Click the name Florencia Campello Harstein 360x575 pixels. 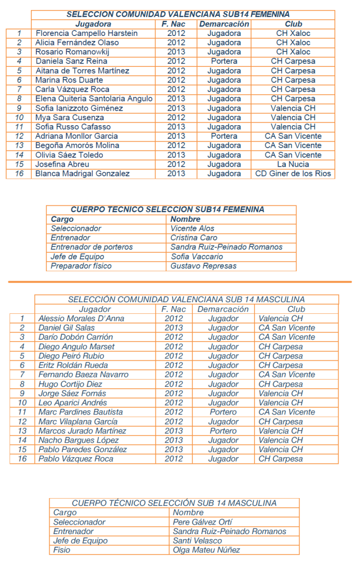click(x=86, y=33)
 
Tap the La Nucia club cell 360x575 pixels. click(x=293, y=165)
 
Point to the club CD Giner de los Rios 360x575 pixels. click(x=293, y=174)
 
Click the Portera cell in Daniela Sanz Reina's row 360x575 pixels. click(x=224, y=61)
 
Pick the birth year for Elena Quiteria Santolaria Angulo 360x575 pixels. click(x=176, y=99)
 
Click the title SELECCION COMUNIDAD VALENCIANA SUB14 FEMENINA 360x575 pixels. click(x=178, y=14)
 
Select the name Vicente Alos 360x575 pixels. click(x=192, y=229)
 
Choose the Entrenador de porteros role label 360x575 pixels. click(x=92, y=247)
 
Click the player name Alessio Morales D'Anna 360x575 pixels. click(x=81, y=318)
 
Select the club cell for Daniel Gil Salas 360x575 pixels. click(x=286, y=327)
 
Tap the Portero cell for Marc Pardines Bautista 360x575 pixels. click(x=223, y=412)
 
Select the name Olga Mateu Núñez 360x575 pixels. click(x=206, y=550)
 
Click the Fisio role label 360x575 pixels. click(x=62, y=550)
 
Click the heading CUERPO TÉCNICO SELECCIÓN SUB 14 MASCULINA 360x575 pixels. click(x=174, y=503)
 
